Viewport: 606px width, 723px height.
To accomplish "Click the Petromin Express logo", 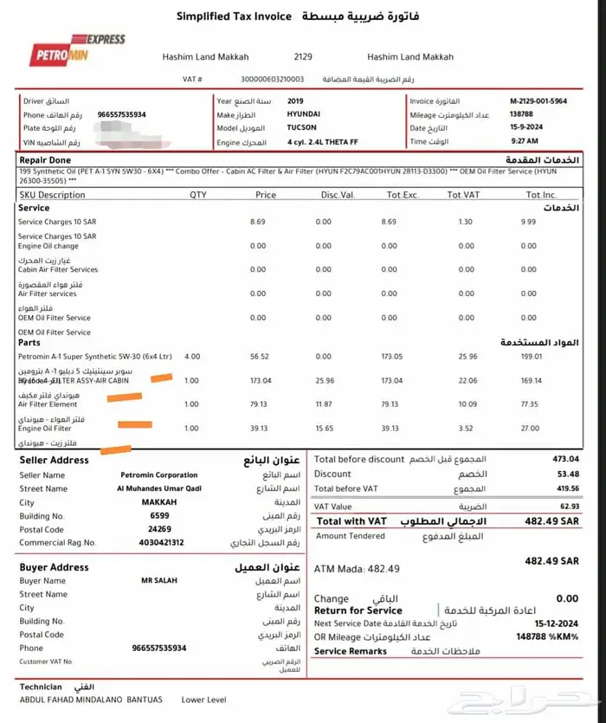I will (x=77, y=51).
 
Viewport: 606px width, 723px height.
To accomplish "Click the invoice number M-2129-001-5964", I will (x=538, y=101).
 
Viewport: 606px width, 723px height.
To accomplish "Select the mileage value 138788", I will (x=521, y=114).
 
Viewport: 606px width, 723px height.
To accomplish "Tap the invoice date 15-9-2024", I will (x=525, y=128).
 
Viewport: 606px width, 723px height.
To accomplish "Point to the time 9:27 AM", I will (x=524, y=141).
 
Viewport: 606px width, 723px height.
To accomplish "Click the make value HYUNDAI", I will (x=305, y=114).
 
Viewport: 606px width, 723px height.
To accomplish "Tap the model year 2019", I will (x=295, y=101).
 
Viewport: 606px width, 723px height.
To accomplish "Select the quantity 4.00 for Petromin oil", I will (x=191, y=356).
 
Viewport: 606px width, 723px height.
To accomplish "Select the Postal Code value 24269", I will (x=158, y=529).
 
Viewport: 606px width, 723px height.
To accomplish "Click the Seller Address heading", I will (x=54, y=461).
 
